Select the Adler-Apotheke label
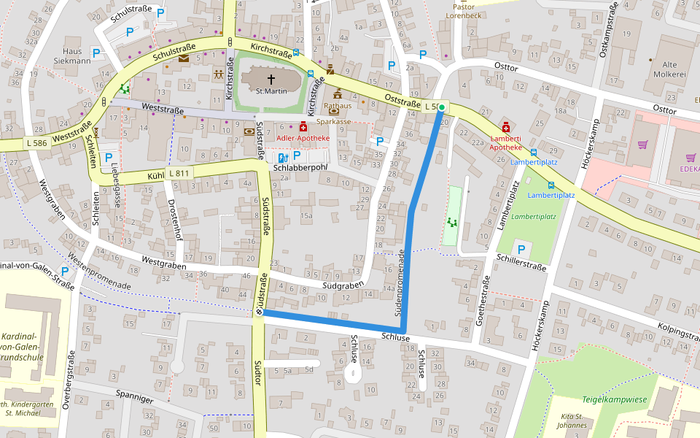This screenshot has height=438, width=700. pyautogui.click(x=303, y=137)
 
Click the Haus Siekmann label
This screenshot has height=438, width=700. pyautogui.click(x=72, y=56)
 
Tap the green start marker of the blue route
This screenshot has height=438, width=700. pyautogui.click(x=442, y=107)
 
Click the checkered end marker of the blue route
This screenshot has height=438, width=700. pyautogui.click(x=259, y=312)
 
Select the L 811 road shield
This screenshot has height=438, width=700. pyautogui.click(x=179, y=173)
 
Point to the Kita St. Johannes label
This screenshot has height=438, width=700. pyautogui.click(x=572, y=420)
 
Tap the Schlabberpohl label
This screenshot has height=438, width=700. pyautogui.click(x=298, y=167)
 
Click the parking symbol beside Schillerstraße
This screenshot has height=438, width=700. pyautogui.click(x=521, y=250)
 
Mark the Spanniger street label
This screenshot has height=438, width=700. pyautogui.click(x=136, y=398)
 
